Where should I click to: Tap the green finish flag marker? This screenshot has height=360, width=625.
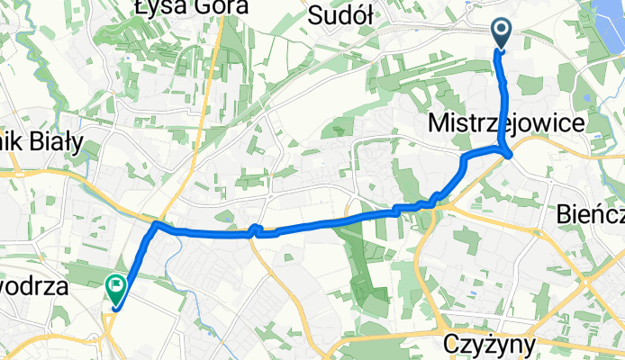click(116, 287)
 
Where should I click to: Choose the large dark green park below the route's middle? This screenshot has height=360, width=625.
click(360, 261)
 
